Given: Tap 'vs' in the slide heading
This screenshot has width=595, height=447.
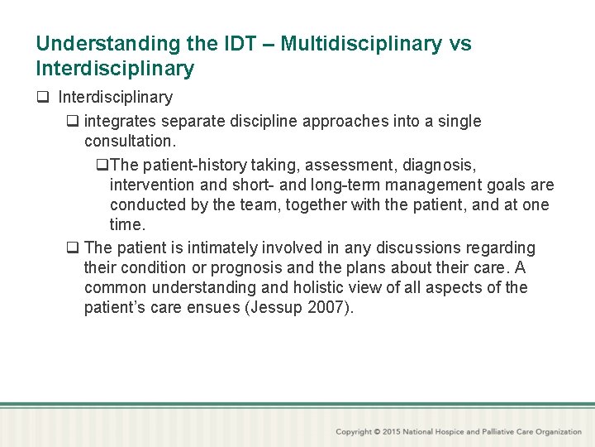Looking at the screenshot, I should tap(460, 44).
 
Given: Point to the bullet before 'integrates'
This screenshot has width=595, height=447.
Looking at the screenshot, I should tap(73, 122).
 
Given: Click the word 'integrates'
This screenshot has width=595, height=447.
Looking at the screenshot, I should tap(121, 122).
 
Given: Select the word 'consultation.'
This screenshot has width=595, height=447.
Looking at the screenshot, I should tap(130, 142).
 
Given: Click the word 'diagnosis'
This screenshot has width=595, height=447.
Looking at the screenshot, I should tap(449, 164).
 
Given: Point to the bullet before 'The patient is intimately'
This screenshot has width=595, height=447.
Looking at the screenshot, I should tap(73, 248).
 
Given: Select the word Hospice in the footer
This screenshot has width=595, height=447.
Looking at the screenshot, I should tap(469, 431).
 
